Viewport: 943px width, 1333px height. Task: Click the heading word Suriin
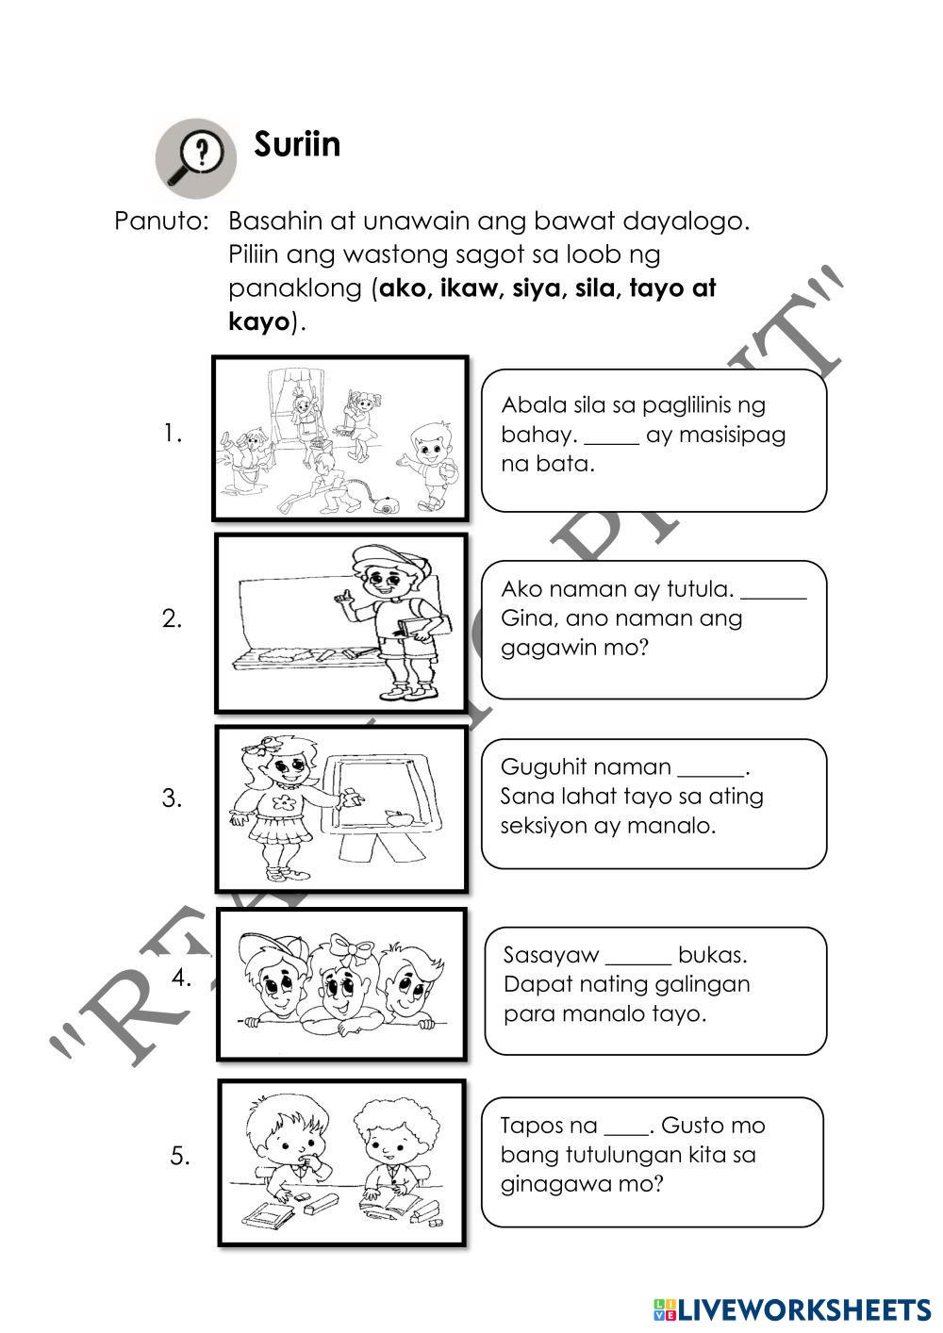(x=297, y=144)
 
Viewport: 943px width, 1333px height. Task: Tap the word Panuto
(x=160, y=222)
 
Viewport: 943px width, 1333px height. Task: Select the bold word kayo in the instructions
(x=257, y=321)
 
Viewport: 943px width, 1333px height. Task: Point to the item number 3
(x=172, y=798)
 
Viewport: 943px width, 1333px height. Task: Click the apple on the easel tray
(x=397, y=817)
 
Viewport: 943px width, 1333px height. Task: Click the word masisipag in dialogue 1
(x=741, y=435)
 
